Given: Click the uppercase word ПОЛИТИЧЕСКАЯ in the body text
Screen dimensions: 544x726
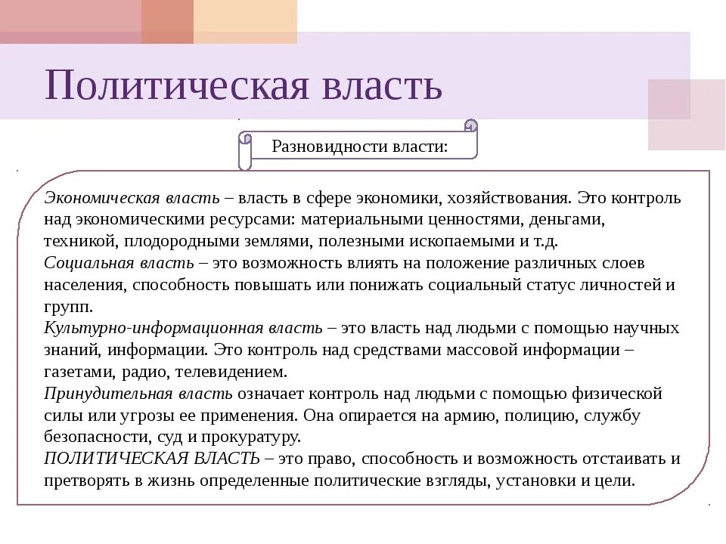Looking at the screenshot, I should pyautogui.click(x=101, y=459).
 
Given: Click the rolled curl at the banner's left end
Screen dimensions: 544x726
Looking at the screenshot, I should pyautogui.click(x=245, y=150).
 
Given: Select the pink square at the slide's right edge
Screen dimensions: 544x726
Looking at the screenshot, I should pyautogui.click(x=686, y=113).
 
